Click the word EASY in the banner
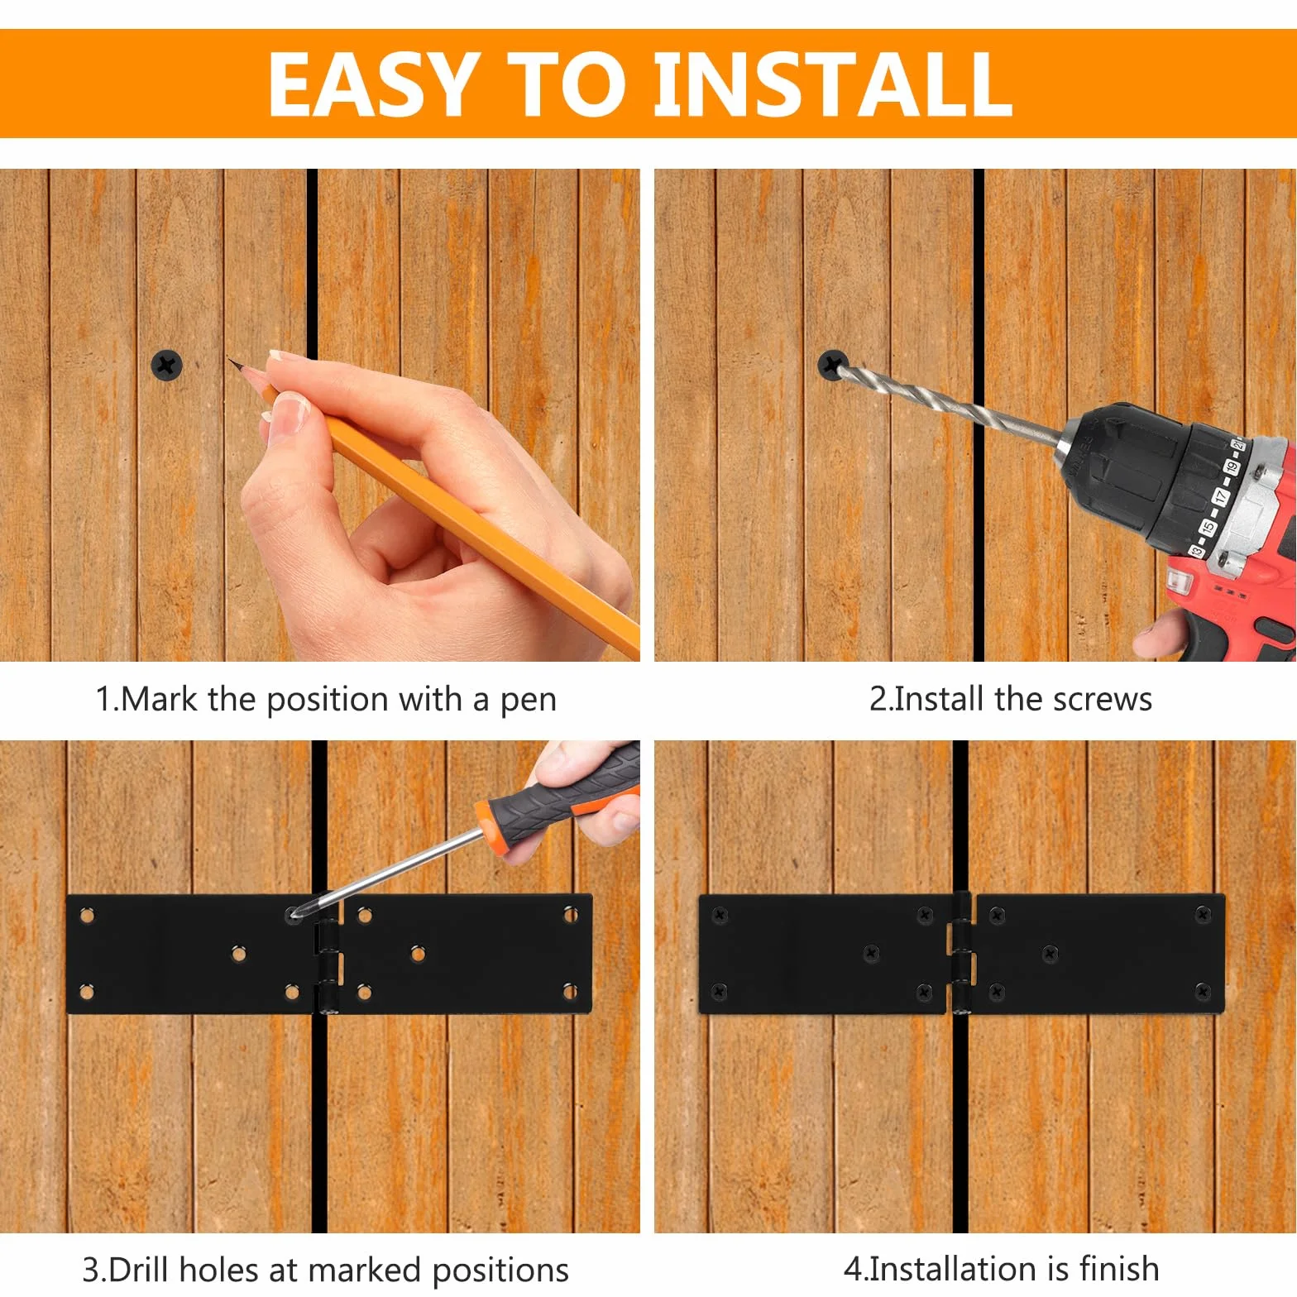[x=374, y=84]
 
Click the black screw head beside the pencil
[x=166, y=365]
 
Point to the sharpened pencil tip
[x=231, y=360]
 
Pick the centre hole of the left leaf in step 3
[x=239, y=955]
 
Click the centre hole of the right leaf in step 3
[x=418, y=954]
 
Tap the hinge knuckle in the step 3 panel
[x=328, y=965]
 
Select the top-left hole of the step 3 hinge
[x=86, y=916]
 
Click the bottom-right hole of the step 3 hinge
[x=570, y=991]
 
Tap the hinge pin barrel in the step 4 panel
[x=961, y=953]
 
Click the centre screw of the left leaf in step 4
[x=871, y=954]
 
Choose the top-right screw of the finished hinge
[x=1203, y=914]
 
